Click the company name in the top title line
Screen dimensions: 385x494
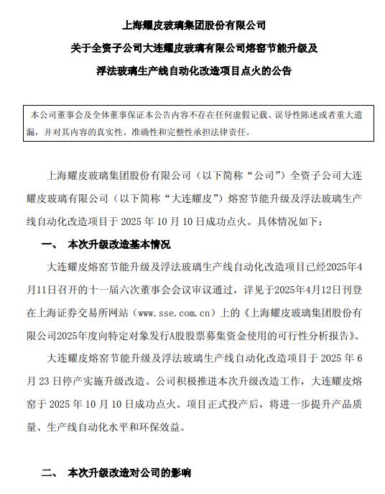point(192,25)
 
